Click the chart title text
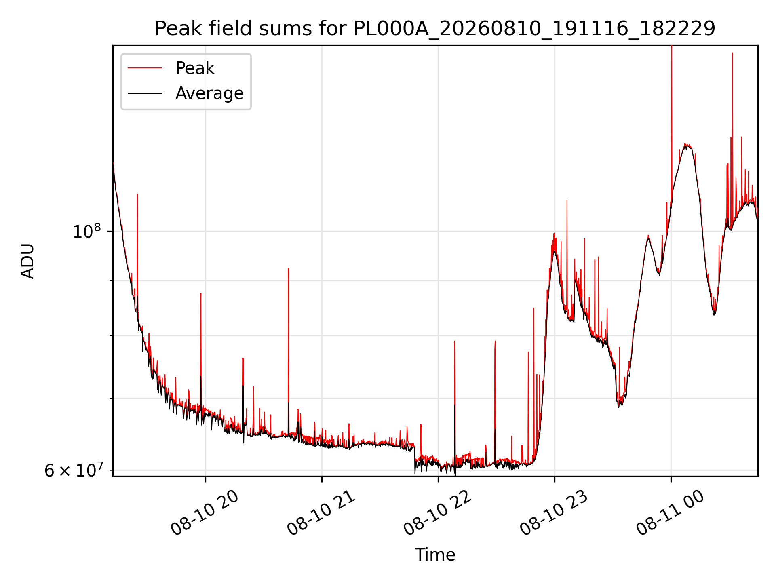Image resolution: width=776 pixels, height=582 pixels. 435,29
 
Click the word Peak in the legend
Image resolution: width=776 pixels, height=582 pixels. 195,68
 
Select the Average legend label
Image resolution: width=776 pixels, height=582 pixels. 209,93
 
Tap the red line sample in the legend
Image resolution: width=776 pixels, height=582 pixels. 145,68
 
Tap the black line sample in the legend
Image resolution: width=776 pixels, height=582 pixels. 145,93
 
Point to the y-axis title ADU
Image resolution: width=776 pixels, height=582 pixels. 27,261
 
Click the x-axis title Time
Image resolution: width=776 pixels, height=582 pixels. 435,555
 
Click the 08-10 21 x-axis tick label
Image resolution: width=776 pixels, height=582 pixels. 321,513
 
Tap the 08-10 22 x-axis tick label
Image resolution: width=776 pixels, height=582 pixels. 437,513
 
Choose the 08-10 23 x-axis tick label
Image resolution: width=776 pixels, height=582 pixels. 554,513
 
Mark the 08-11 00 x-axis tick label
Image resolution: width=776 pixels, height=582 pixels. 670,513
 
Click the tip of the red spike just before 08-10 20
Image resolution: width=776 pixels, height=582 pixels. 201,293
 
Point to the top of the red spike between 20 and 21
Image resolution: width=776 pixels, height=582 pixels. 288,268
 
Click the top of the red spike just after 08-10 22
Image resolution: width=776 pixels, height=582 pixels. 455,341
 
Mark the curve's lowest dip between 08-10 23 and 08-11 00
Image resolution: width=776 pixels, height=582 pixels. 619,406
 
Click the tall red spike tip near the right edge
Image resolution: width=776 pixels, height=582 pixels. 732,53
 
